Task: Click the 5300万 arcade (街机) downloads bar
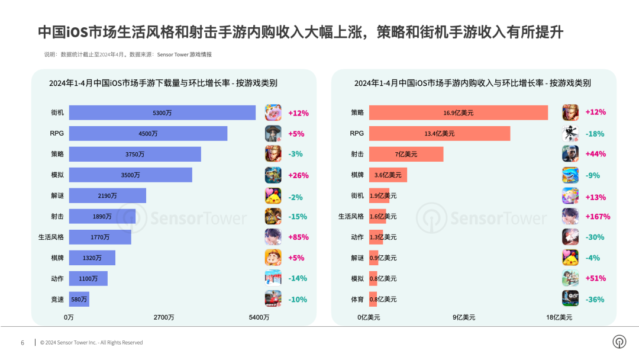pos(162,112)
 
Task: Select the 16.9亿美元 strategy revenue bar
pos(459,112)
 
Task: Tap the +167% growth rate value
pos(598,217)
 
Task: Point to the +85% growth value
pos(298,237)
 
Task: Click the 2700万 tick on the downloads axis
pos(164,318)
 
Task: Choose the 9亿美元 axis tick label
pos(464,318)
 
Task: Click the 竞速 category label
pos(57,300)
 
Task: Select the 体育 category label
pos(357,300)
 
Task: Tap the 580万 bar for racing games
pos(79,300)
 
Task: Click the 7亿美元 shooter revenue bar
pos(406,154)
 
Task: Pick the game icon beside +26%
pos(273,175)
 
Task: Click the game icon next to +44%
pos(570,154)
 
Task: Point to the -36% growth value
pos(595,300)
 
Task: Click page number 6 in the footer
pos(22,343)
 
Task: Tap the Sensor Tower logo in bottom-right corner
pos(619,342)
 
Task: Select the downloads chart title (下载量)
pos(163,83)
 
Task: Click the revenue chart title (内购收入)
pos(472,83)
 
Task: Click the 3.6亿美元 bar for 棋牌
pos(388,175)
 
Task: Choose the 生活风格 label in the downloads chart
pos(51,237)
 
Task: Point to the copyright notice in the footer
pos(92,343)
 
